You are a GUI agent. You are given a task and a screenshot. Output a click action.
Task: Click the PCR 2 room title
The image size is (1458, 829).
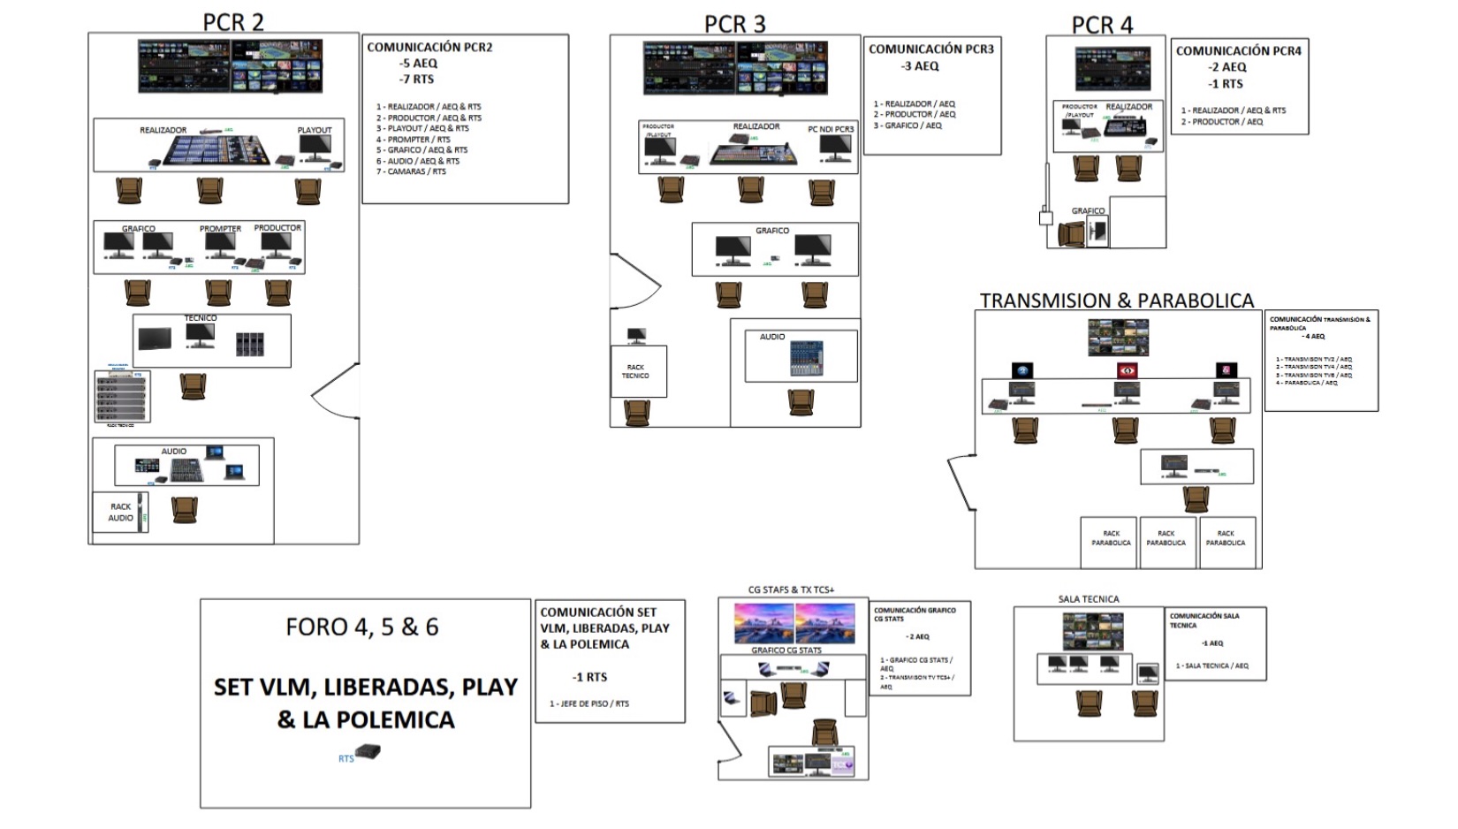[x=233, y=22]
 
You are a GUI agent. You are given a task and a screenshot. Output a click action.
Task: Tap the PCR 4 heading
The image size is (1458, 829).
[x=1102, y=26]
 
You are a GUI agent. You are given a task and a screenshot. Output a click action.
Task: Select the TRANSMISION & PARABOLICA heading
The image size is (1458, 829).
[x=1116, y=300]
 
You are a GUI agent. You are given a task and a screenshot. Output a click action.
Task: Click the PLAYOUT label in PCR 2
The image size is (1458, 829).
[x=315, y=130]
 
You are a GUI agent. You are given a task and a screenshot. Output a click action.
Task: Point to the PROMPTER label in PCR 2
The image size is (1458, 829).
[x=220, y=229]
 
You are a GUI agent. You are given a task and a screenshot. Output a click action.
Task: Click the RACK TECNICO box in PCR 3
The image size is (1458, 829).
[x=635, y=371]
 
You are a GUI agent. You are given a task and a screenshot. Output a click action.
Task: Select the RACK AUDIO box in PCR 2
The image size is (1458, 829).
[x=120, y=513]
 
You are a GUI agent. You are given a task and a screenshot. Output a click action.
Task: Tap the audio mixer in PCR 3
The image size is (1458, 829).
[x=807, y=359]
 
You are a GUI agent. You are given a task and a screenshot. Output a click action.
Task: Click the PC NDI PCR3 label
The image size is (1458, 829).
[x=831, y=129]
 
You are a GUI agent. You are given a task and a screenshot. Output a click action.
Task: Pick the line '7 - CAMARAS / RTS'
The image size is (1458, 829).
[x=412, y=171]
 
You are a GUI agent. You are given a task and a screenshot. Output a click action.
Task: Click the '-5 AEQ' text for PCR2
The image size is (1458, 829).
[x=418, y=64]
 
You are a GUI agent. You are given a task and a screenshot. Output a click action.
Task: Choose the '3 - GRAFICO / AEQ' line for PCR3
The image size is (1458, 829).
[x=907, y=125]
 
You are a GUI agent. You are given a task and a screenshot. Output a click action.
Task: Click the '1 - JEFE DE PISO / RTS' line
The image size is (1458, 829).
[x=589, y=704]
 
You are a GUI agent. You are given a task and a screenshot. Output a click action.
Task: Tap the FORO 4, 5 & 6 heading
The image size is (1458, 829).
[x=362, y=627]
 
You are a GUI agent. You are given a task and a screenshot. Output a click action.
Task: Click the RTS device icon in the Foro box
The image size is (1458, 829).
[x=368, y=753]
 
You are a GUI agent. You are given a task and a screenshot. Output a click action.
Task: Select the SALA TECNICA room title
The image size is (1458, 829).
[x=1089, y=599]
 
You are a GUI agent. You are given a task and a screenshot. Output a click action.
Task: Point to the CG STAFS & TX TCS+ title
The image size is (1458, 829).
[x=791, y=589]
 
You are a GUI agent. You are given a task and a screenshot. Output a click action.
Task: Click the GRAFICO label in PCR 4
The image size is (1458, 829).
[x=1088, y=211]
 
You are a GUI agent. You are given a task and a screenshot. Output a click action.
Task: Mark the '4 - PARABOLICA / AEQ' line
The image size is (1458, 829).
[x=1307, y=383]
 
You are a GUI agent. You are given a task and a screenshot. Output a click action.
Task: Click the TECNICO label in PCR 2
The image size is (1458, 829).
[x=201, y=318]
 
